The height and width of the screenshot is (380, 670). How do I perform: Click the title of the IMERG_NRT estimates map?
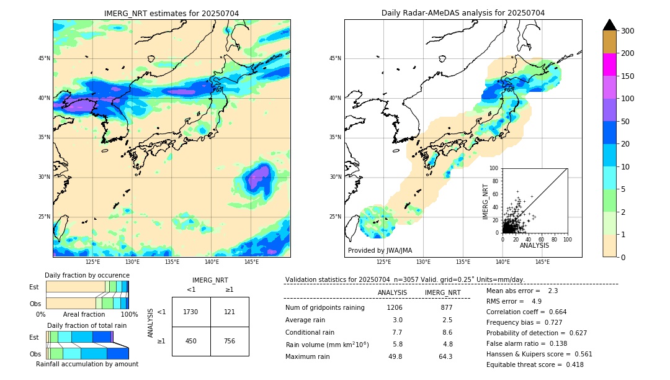pyautogui.click(x=171, y=13)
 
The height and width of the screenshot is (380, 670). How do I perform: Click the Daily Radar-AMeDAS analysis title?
pyautogui.click(x=463, y=13)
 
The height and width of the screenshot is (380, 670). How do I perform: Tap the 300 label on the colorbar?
pyautogui.click(x=628, y=30)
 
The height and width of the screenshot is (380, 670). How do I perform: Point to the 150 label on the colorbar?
pyautogui.click(x=628, y=76)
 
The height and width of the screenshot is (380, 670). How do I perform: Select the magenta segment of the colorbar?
pyautogui.click(x=609, y=65)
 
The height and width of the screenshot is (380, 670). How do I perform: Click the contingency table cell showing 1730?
pyautogui.click(x=191, y=312)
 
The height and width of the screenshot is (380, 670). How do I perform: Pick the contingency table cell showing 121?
pyautogui.click(x=230, y=312)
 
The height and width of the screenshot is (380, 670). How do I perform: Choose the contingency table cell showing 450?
pyautogui.click(x=191, y=341)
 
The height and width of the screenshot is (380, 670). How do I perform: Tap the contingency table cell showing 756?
pyautogui.click(x=230, y=341)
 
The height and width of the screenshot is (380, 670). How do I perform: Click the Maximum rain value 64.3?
pyautogui.click(x=445, y=356)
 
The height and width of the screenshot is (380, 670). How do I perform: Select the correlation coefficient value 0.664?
pyautogui.click(x=553, y=312)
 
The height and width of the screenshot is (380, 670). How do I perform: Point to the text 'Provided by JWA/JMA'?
pyautogui.click(x=380, y=251)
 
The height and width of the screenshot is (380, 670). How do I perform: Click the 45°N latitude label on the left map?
pyautogui.click(x=44, y=58)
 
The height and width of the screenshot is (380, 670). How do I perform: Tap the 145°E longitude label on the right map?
pyautogui.click(x=542, y=262)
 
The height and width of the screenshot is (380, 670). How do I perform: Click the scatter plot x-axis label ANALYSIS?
pyautogui.click(x=534, y=245)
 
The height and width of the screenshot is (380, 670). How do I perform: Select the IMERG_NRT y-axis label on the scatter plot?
pyautogui.click(x=486, y=201)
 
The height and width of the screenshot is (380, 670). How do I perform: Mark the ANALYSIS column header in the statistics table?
pyautogui.click(x=392, y=292)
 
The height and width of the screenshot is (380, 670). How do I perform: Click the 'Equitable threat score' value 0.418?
pyautogui.click(x=570, y=364)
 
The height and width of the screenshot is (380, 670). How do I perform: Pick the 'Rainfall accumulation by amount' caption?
pyautogui.click(x=87, y=364)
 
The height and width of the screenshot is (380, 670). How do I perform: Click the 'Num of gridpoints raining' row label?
pyautogui.click(x=325, y=307)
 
